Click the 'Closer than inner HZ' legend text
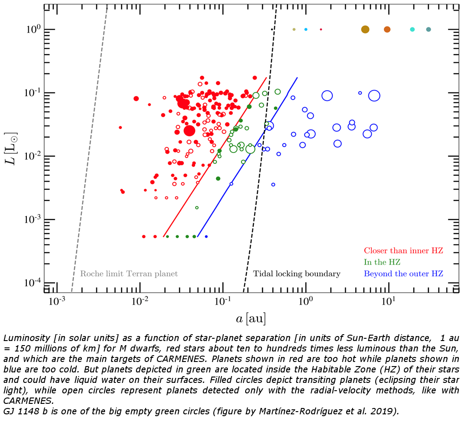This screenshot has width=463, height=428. [x=403, y=250]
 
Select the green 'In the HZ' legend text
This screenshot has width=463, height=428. [x=382, y=262]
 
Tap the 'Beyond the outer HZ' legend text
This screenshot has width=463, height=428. [x=403, y=274]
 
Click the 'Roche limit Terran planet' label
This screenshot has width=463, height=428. [x=129, y=274]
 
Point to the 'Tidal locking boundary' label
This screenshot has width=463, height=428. [x=297, y=274]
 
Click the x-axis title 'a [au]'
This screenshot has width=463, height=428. [x=251, y=318]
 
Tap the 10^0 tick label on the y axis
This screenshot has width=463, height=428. [x=35, y=29]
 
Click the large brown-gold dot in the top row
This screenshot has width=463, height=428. [x=365, y=29]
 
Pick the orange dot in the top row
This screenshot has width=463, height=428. [x=387, y=29]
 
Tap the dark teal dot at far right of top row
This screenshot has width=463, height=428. [x=428, y=29]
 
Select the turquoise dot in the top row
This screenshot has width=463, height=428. [x=412, y=29]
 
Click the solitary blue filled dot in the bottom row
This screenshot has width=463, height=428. [x=206, y=236]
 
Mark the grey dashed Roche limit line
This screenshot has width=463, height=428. [x=89, y=150]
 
